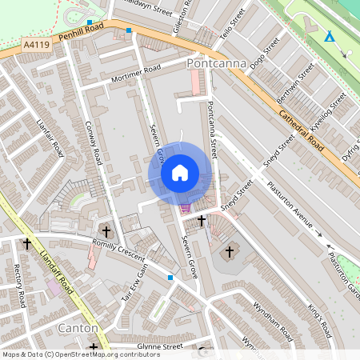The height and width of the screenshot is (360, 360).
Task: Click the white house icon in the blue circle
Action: (180, 173)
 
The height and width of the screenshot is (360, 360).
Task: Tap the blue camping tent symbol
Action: (330, 37)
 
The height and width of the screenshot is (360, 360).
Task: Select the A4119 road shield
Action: (37, 46)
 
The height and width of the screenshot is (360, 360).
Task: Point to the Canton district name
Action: (78, 329)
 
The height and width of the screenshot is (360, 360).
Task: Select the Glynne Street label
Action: (160, 346)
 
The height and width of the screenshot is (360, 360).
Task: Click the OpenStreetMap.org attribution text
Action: (80, 354)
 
